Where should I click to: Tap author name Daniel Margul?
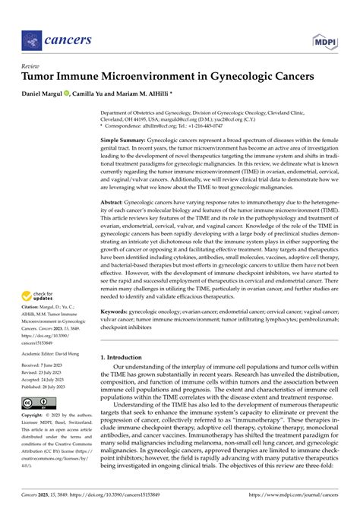(48, 93)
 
